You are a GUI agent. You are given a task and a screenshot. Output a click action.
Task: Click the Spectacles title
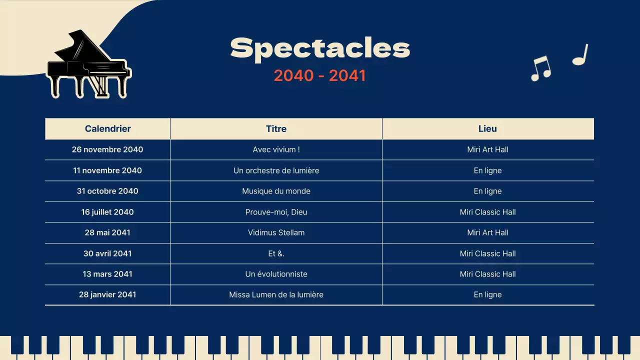(x=320, y=48)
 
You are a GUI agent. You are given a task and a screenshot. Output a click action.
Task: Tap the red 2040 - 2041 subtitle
(x=320, y=75)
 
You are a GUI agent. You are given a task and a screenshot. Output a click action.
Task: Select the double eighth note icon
(x=540, y=68)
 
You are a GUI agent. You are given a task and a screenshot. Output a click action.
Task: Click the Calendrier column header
(x=107, y=128)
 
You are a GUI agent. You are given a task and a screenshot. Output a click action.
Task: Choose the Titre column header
(x=276, y=128)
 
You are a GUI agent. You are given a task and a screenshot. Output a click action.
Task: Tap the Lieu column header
(x=487, y=128)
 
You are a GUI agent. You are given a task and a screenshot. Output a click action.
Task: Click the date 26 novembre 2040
(x=107, y=149)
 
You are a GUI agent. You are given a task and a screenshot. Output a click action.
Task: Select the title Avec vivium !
(x=276, y=149)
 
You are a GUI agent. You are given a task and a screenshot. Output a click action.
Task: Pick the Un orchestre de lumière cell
(x=276, y=170)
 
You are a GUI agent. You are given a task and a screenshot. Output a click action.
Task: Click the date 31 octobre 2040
(x=107, y=191)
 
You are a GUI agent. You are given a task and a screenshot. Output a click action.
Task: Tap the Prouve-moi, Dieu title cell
(x=276, y=212)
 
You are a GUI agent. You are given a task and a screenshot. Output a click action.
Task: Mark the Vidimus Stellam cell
(x=276, y=232)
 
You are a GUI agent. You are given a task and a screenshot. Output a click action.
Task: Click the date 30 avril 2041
(x=107, y=253)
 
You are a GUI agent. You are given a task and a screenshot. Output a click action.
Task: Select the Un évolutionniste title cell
(x=276, y=274)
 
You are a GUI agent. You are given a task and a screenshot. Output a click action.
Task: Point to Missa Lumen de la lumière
(x=276, y=294)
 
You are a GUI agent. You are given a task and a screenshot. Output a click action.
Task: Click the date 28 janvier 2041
(x=107, y=294)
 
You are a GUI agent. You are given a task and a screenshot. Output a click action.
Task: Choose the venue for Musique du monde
(x=487, y=191)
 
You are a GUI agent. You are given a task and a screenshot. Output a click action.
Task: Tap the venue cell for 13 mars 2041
(x=487, y=274)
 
